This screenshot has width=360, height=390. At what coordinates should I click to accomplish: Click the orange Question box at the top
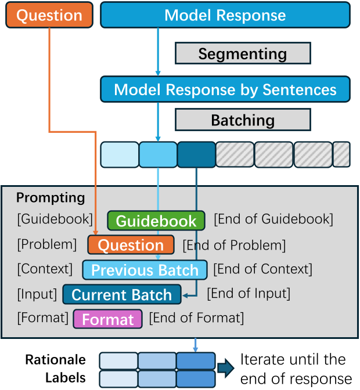pyautogui.click(x=49, y=16)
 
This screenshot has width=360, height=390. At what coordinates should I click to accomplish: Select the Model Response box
pyautogui.click(x=225, y=16)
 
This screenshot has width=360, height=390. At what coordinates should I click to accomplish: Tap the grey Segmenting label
pyautogui.click(x=243, y=54)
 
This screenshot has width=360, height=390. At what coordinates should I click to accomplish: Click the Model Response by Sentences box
pyautogui.click(x=225, y=89)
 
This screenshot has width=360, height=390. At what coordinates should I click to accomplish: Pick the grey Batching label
pyautogui.click(x=243, y=120)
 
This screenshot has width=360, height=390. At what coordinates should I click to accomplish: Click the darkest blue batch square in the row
pyautogui.click(x=196, y=154)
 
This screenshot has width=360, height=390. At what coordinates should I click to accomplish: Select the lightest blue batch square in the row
pyautogui.click(x=119, y=154)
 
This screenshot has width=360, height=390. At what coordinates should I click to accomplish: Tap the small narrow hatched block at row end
pyautogui.click(x=341, y=154)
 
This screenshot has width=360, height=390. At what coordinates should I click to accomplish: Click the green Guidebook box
pyautogui.click(x=156, y=221)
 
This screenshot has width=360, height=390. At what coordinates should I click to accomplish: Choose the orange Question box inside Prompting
pyautogui.click(x=131, y=245)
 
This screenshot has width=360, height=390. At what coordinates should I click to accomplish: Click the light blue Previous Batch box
pyautogui.click(x=145, y=270)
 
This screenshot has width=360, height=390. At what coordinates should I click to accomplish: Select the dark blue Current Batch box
pyautogui.click(x=122, y=294)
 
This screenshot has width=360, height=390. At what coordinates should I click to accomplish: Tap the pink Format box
pyautogui.click(x=108, y=319)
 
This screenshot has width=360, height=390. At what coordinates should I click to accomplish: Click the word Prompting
pyautogui.click(x=51, y=198)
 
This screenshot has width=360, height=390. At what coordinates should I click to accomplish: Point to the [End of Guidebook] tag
pyautogui.click(x=273, y=219)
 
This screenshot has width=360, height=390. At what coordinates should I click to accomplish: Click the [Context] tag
pyautogui.click(x=45, y=269)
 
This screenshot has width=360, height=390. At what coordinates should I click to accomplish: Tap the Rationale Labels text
pyautogui.click(x=56, y=369)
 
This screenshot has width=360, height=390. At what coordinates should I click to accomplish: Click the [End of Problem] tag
pyautogui.click(x=234, y=245)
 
